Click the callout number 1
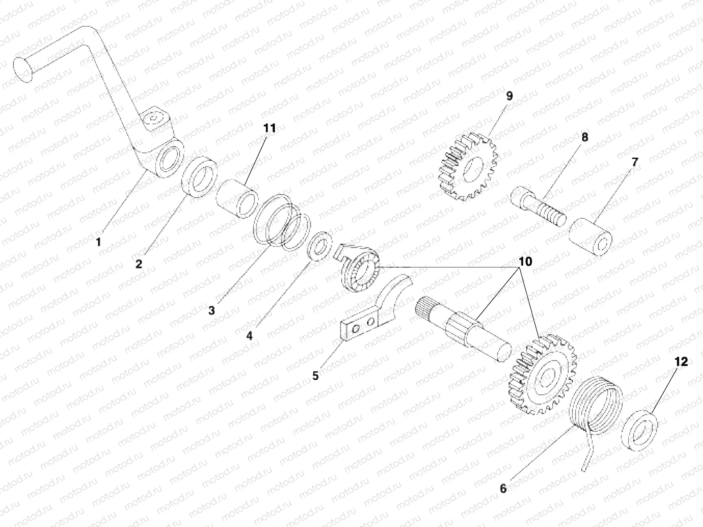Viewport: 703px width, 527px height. (x=99, y=242)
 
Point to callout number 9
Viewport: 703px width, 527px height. (x=509, y=96)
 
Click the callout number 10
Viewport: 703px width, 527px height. (x=525, y=262)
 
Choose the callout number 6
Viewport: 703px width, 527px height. (x=504, y=488)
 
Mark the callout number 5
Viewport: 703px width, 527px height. (x=315, y=376)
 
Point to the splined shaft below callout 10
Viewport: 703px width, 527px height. (x=466, y=329)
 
